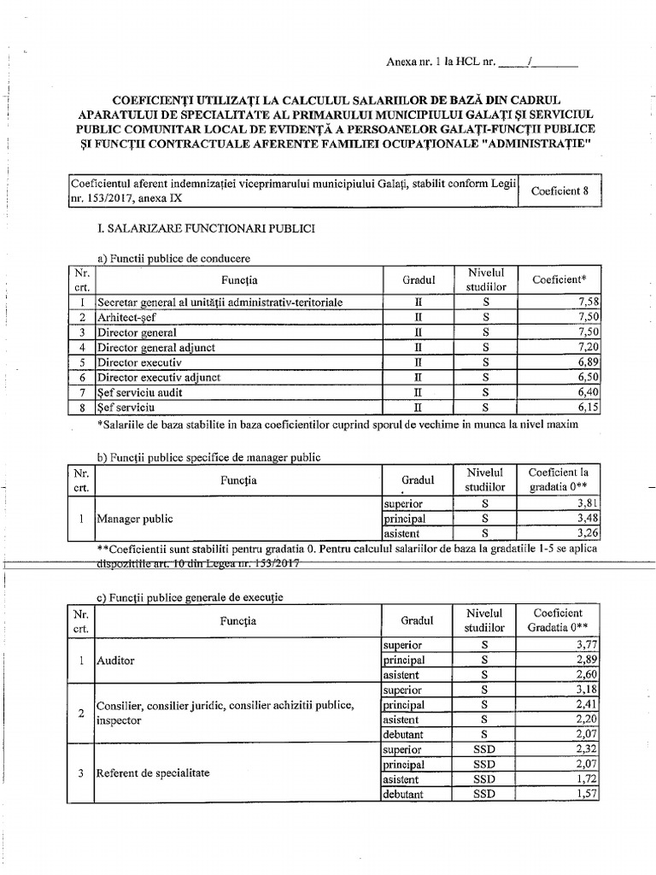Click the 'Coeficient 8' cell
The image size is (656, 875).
coord(559,191)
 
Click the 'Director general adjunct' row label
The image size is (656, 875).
coord(155,348)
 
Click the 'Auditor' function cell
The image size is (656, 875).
coord(116,661)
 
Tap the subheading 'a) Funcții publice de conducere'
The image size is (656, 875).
coord(175,259)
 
